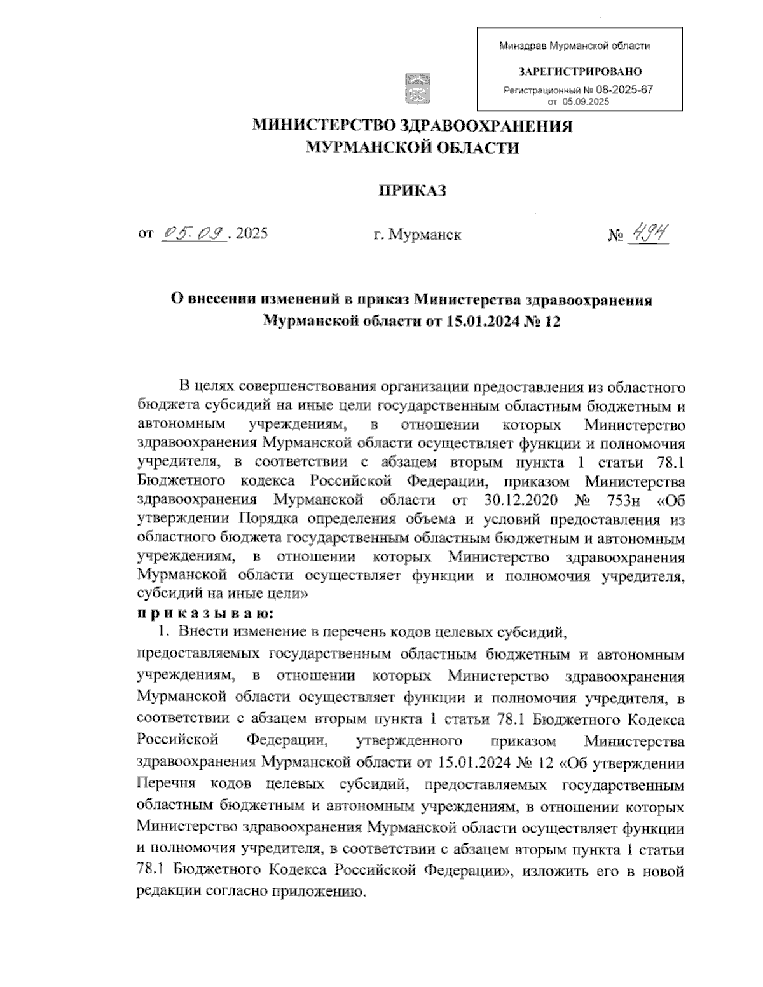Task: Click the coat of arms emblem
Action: coord(418,88)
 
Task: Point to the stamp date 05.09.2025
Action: coord(586,102)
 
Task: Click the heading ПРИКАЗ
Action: coord(413,190)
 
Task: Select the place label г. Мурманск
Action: coord(418,235)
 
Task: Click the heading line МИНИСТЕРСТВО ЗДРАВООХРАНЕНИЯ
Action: coord(413,126)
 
